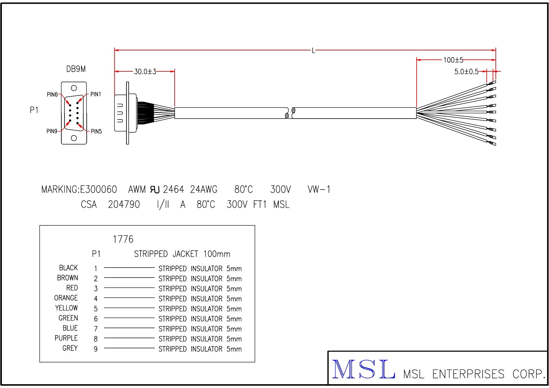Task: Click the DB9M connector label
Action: [x=76, y=69]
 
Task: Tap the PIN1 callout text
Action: [x=96, y=94]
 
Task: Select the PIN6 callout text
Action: [x=52, y=94]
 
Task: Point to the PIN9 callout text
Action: [x=52, y=131]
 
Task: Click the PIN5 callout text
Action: [x=96, y=131]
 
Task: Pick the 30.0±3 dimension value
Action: [x=145, y=72]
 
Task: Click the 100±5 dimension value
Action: [x=453, y=60]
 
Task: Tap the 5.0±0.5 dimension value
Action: [x=466, y=72]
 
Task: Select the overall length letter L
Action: [x=313, y=50]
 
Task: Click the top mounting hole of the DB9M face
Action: [x=74, y=88]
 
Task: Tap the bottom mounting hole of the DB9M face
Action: [x=74, y=138]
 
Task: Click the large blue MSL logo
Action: [x=363, y=370]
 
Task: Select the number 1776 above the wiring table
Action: [x=123, y=239]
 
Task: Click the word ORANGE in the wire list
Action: [x=66, y=298]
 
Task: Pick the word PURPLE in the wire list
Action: [x=66, y=338]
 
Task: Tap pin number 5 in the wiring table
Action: [x=96, y=309]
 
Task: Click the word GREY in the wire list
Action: [x=70, y=348]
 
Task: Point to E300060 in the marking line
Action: [x=99, y=189]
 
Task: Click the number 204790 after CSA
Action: [x=124, y=205]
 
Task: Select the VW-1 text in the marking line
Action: [x=319, y=189]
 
